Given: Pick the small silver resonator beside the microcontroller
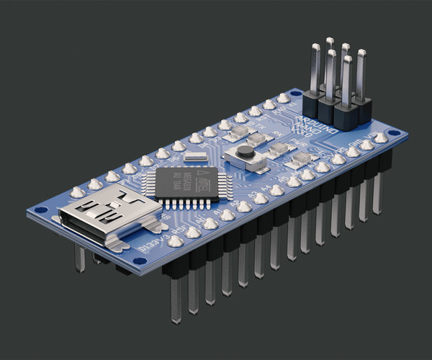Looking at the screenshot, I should point(194,156).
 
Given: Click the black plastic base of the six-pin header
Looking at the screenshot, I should point(339,109).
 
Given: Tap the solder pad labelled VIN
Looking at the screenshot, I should point(381,138).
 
